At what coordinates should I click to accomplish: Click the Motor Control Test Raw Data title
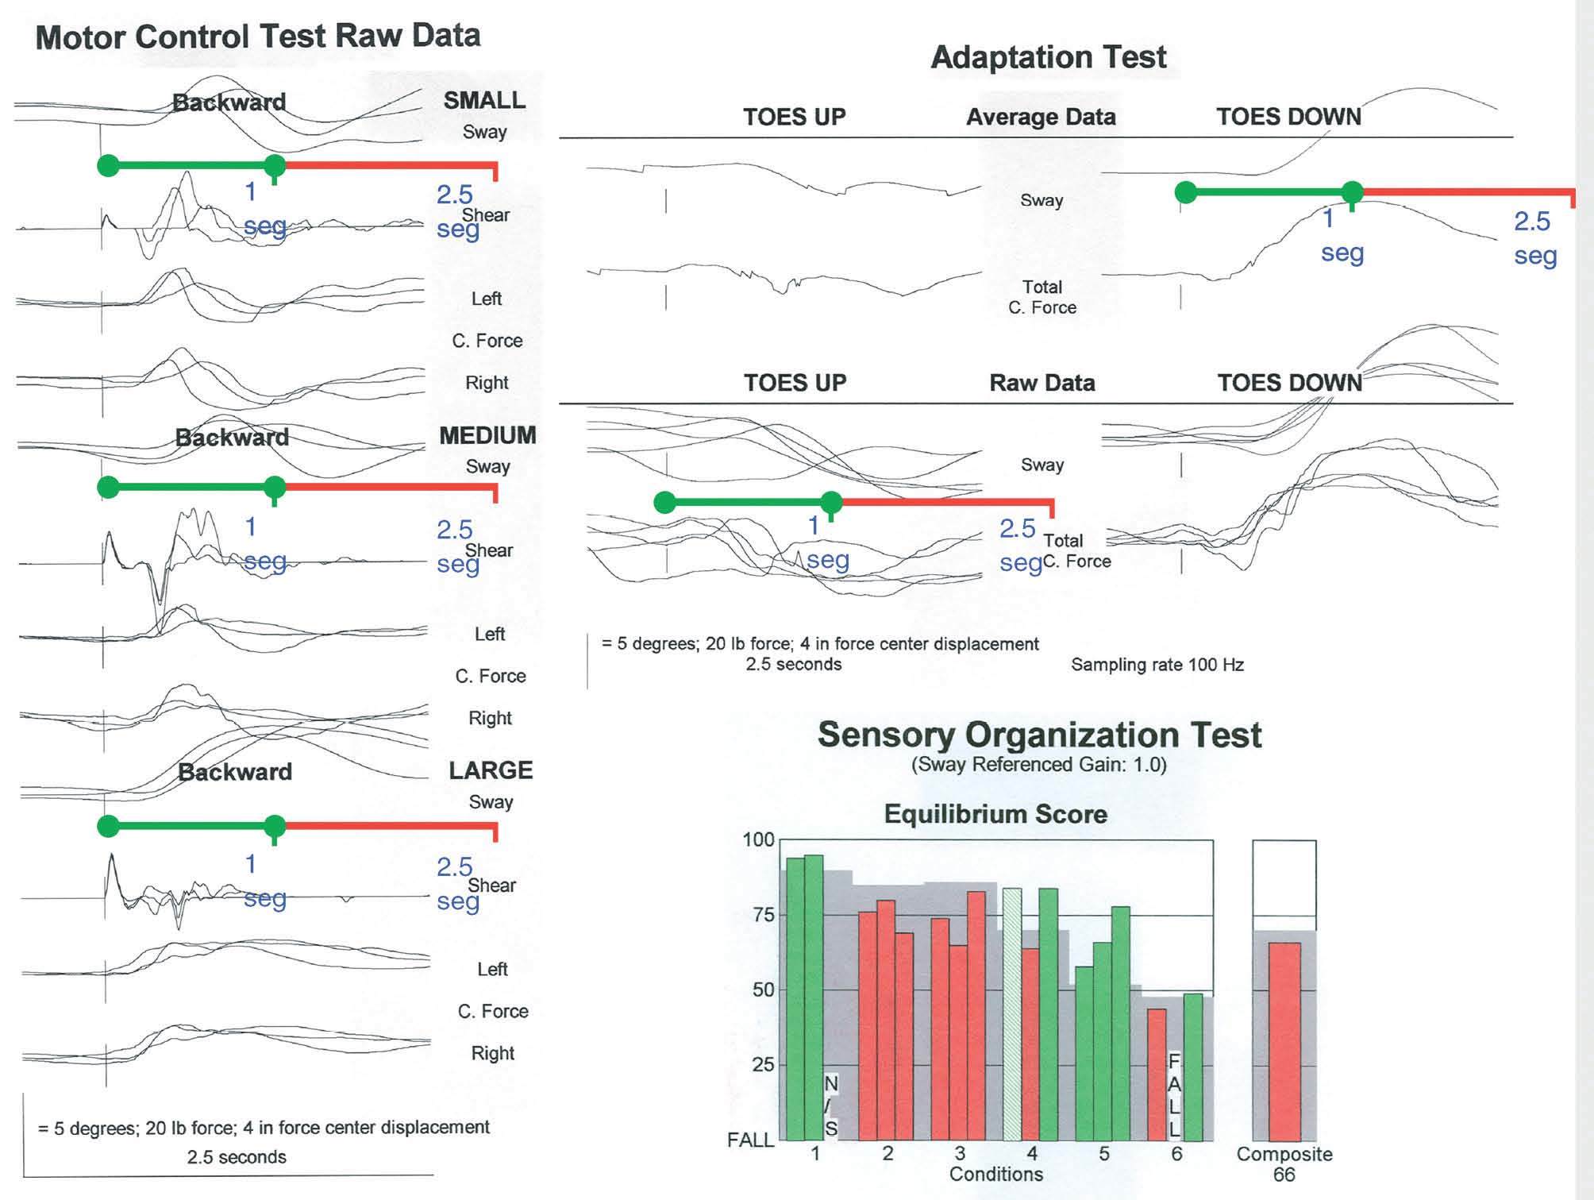(258, 37)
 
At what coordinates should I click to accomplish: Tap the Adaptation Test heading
(1048, 57)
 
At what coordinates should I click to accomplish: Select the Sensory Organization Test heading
(1039, 735)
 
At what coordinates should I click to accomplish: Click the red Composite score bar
(1284, 1040)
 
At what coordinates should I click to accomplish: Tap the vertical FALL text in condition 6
(1175, 1096)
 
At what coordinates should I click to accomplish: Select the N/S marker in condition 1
(831, 1105)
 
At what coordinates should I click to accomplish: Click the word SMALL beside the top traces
(484, 100)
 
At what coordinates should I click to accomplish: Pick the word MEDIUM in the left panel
(487, 435)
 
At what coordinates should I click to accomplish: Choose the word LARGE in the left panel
(491, 770)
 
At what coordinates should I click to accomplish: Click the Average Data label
(1041, 117)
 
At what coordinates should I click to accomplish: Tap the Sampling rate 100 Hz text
(1157, 665)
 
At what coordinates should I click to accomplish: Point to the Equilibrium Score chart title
(995, 814)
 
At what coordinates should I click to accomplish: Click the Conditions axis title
(995, 1174)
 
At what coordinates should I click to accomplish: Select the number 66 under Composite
(1284, 1175)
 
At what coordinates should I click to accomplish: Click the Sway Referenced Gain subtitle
(1039, 765)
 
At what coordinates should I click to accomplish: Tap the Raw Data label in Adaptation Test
(1041, 383)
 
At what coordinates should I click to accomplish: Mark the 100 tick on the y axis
(758, 839)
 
